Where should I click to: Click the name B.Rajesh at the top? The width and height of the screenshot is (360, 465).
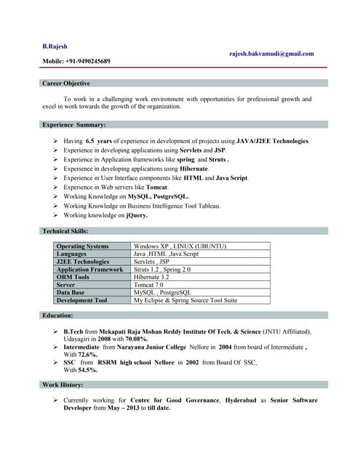pos(55,46)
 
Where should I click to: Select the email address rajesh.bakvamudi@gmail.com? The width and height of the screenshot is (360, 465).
pos(271,54)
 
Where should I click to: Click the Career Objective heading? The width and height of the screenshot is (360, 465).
pos(66,84)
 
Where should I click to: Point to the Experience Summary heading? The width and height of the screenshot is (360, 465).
pos(74,125)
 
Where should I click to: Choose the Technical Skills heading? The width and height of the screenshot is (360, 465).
pos(65,231)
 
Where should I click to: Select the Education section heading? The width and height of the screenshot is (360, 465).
pos(57,315)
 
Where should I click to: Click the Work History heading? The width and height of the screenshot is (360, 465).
pos(63,384)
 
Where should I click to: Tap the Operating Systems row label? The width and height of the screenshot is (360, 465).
pos(82,246)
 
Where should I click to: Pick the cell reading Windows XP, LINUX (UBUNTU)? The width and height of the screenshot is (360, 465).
pos(180,246)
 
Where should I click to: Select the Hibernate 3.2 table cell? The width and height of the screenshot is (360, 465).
pos(151,277)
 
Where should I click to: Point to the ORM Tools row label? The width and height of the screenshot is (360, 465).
pos(73,277)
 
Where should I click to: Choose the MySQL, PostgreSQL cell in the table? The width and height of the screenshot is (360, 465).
pos(161,292)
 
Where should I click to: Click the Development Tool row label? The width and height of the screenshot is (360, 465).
pos(81,300)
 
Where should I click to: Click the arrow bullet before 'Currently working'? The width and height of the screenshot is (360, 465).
pos(56,400)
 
